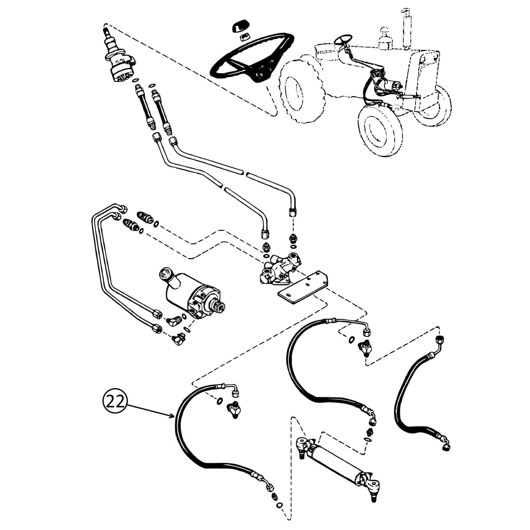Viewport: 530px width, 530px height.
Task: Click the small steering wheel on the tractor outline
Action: [344, 40]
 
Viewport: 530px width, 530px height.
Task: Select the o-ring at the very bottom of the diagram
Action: [281, 505]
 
